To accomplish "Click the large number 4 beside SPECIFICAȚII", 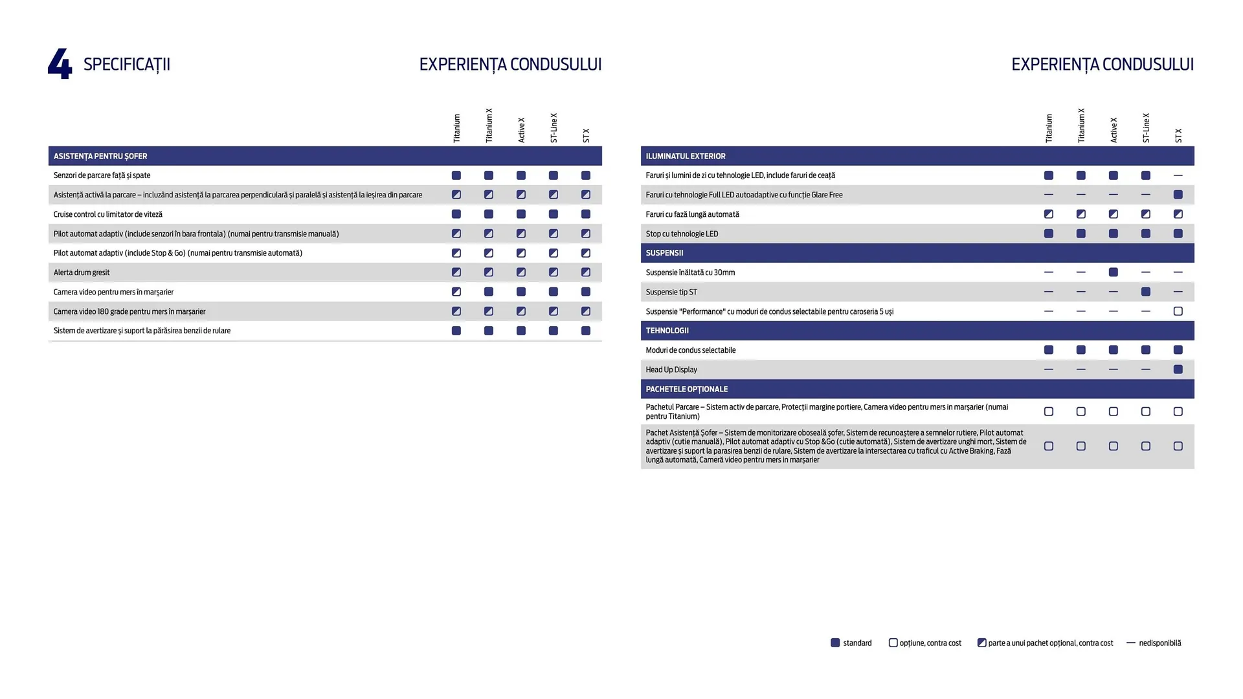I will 60,64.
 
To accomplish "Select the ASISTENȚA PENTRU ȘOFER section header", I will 100,156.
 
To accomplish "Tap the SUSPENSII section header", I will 664,253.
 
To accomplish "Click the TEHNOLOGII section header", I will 667,331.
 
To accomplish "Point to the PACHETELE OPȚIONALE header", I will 686,389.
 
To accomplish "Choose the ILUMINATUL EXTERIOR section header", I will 685,156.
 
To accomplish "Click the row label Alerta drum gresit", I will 82,272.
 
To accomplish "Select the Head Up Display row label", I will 671,370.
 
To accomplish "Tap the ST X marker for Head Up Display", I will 1178,370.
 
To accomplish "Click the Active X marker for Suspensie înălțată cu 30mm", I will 1113,272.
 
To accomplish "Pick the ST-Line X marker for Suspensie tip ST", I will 1145,292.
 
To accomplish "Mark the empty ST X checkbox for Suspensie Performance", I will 1178,311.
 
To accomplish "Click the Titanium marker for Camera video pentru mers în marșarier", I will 456,292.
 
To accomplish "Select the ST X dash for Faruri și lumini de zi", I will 1178,175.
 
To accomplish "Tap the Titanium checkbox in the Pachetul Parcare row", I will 1048,412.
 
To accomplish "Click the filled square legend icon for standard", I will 835,643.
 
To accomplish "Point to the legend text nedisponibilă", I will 1159,643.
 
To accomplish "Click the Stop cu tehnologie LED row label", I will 682,234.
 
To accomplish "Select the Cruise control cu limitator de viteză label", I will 107,214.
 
